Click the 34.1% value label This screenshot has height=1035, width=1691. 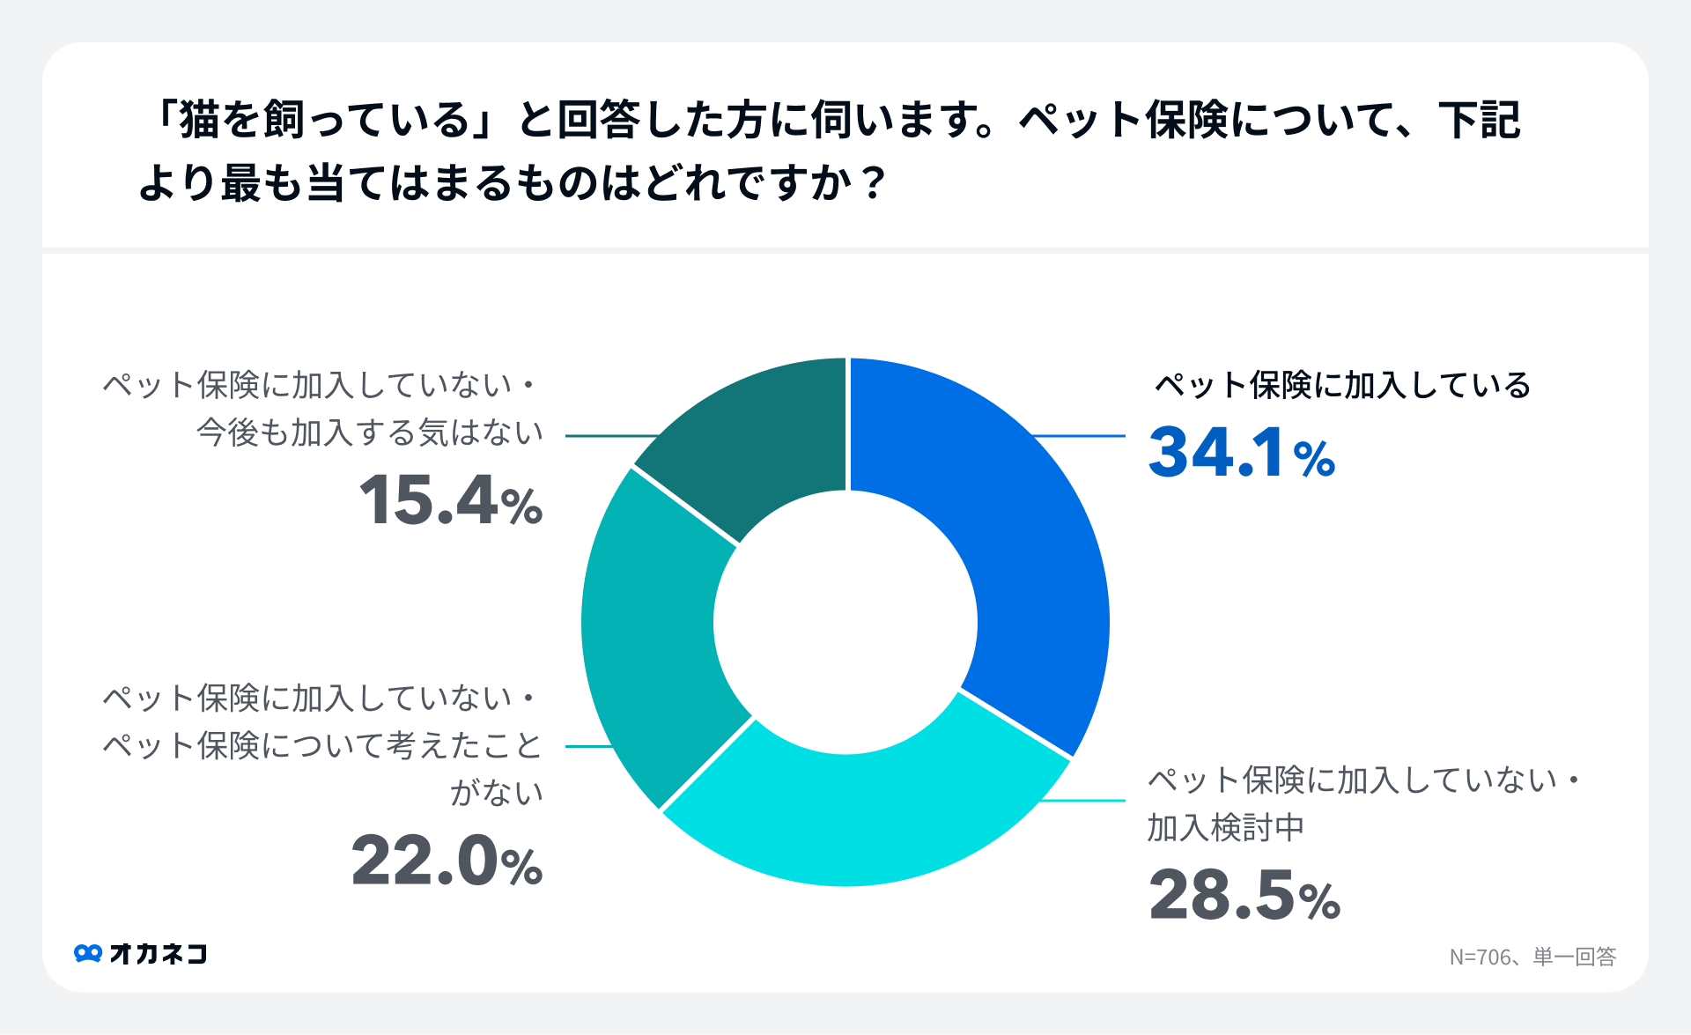pyautogui.click(x=1242, y=454)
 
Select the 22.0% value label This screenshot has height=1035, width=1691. pyautogui.click(x=447, y=861)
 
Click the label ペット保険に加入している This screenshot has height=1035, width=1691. pyautogui.click(x=1342, y=386)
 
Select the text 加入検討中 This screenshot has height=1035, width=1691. pyautogui.click(x=1225, y=828)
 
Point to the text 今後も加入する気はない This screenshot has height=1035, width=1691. pyautogui.click(x=370, y=432)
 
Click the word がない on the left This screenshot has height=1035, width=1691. pyautogui.click(x=497, y=793)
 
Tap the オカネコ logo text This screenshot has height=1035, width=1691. pyautogui.click(x=159, y=954)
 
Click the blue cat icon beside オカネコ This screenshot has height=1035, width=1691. pyautogui.click(x=88, y=954)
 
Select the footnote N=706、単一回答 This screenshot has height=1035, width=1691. pyautogui.click(x=1532, y=957)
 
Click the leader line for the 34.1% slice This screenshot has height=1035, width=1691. pyautogui.click(x=1079, y=436)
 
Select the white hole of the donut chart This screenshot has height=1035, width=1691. pyautogui.click(x=845, y=622)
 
